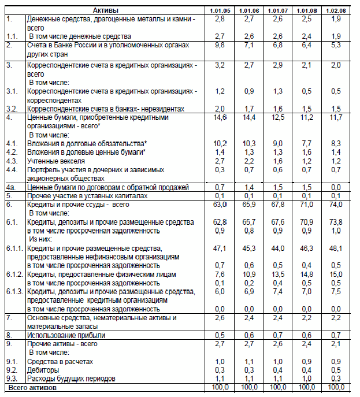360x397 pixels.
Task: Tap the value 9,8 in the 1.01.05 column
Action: (220, 44)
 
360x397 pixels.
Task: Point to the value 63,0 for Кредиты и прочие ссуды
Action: (220, 205)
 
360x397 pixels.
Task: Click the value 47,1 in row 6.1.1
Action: (220, 248)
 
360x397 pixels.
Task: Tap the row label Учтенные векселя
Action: (57, 161)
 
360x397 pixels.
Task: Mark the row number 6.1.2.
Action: (14, 274)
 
